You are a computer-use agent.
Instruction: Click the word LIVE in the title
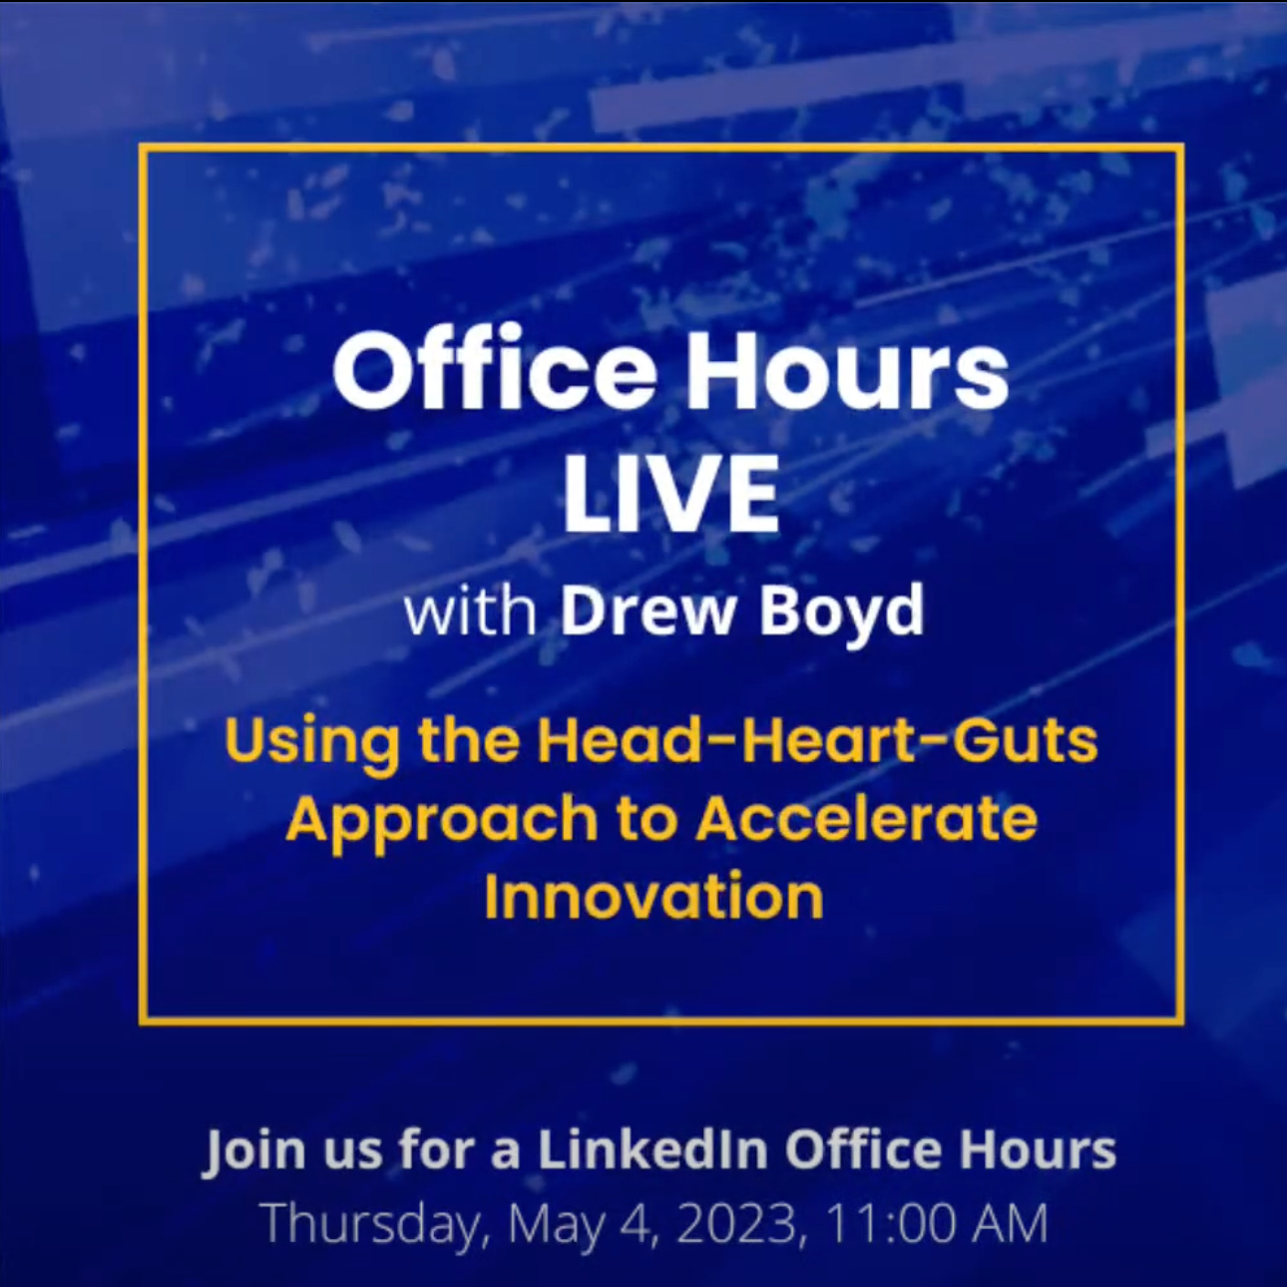tap(670, 494)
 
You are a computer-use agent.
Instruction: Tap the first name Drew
tap(647, 611)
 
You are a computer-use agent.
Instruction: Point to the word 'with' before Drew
tap(470, 612)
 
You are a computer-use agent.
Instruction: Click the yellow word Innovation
tap(653, 895)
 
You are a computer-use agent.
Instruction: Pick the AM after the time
tap(1014, 1223)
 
